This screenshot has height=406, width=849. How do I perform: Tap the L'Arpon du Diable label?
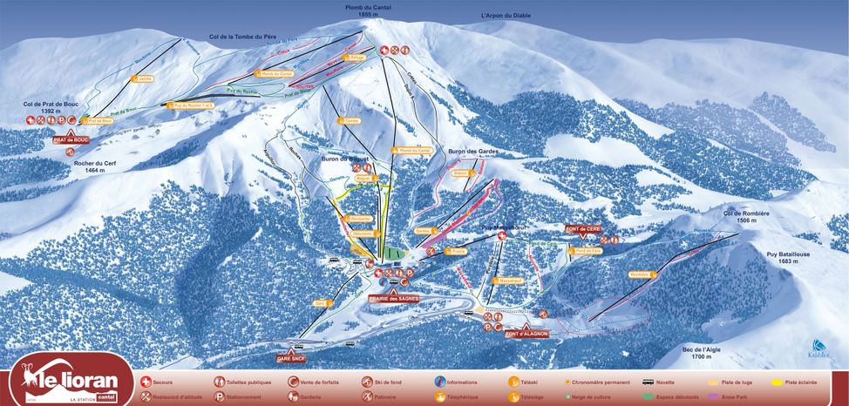tap(506, 16)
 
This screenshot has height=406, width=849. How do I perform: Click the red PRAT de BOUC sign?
tap(71, 139)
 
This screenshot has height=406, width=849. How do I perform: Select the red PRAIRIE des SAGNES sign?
tap(394, 298)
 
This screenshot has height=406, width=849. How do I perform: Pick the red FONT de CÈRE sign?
tap(583, 228)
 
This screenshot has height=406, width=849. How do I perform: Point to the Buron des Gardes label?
tap(472, 152)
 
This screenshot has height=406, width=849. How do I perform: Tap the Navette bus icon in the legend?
tap(649, 382)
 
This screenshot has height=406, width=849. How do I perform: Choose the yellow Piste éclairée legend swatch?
tap(777, 382)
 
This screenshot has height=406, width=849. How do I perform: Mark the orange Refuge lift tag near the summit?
tap(354, 58)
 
